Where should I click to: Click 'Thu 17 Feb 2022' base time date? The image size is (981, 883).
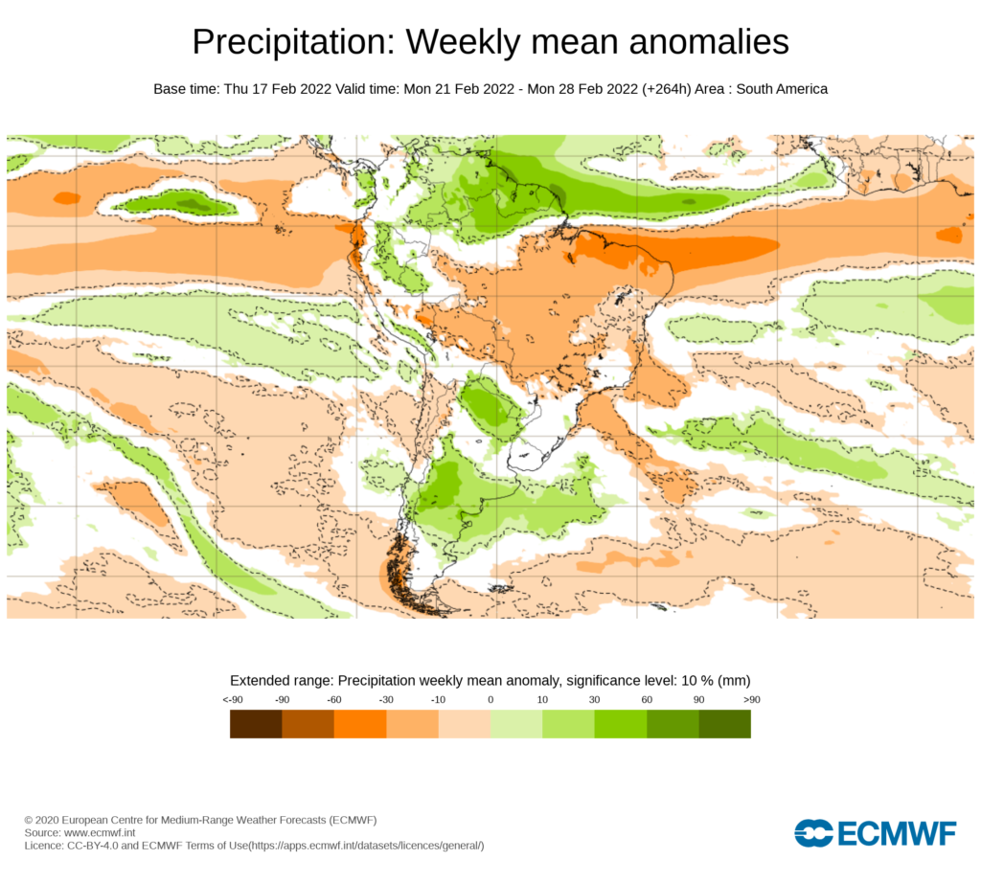point(277,89)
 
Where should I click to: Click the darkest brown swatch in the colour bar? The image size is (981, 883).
point(256,724)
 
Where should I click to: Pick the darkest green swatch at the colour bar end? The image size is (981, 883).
point(724,724)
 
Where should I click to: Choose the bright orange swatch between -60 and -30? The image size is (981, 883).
point(360,724)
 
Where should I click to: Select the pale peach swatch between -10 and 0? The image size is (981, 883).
point(464,724)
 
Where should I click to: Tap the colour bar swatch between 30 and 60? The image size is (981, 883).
point(620,724)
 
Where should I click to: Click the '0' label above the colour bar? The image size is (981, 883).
point(490,700)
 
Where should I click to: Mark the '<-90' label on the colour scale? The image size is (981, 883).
point(231,700)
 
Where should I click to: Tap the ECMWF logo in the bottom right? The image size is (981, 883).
point(875,833)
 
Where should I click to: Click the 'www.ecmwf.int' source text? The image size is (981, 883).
point(105,833)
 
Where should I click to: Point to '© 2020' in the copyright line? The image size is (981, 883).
point(42,821)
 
